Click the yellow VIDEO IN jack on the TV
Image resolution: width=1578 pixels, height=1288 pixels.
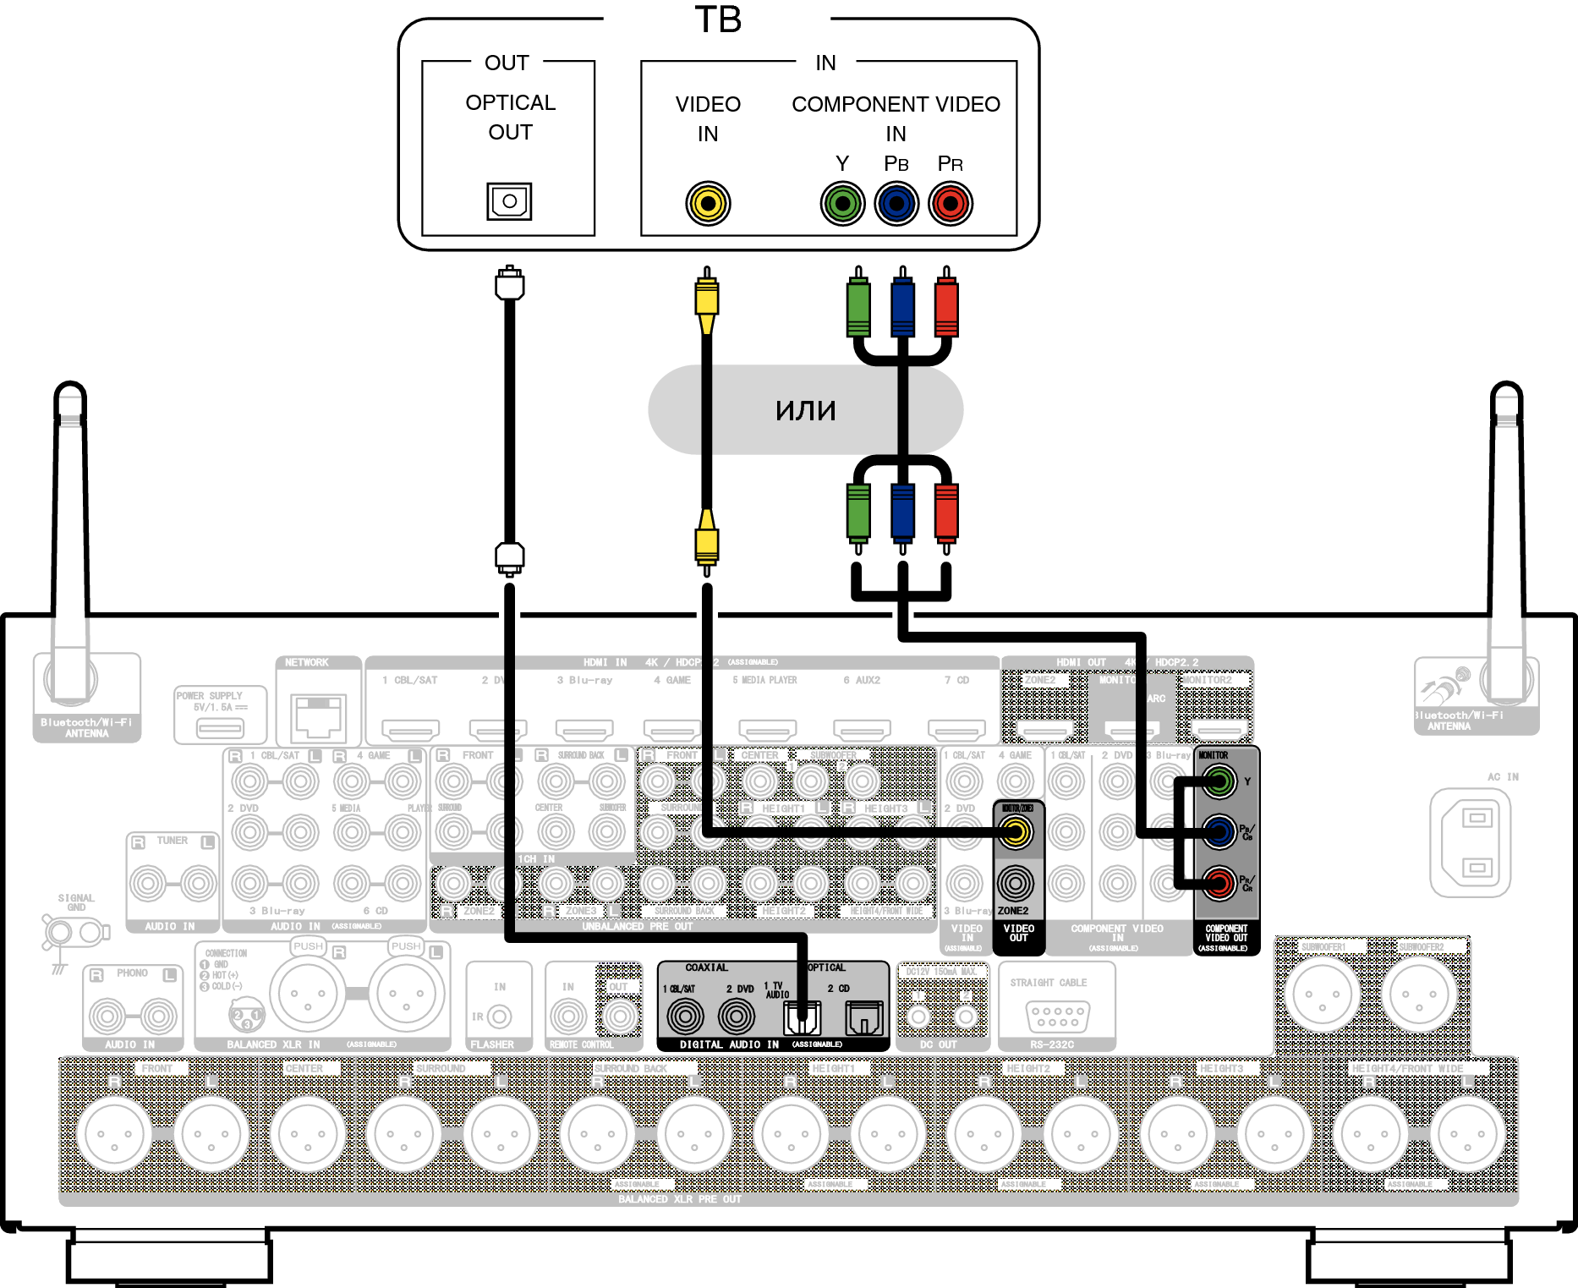pyautogui.click(x=707, y=204)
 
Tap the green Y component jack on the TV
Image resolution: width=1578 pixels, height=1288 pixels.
pyautogui.click(x=842, y=204)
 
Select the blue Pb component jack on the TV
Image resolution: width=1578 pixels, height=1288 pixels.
pyautogui.click(x=896, y=204)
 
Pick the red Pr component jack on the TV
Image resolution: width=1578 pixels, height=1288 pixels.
pyautogui.click(x=951, y=204)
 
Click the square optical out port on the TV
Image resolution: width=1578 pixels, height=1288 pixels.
pyautogui.click(x=509, y=201)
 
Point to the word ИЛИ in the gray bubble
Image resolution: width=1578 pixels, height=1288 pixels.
pyautogui.click(x=805, y=411)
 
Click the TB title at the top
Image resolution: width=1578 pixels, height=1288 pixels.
pyautogui.click(x=718, y=20)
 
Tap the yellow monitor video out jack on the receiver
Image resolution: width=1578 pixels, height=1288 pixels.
pyautogui.click(x=1016, y=833)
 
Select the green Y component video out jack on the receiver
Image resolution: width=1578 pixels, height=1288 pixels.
pyautogui.click(x=1219, y=781)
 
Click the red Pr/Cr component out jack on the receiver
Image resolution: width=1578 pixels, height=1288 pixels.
pyautogui.click(x=1219, y=884)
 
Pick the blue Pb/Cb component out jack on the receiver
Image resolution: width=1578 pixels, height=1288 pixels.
pyautogui.click(x=1219, y=833)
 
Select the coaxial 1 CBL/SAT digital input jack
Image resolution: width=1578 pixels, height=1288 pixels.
pyautogui.click(x=685, y=1017)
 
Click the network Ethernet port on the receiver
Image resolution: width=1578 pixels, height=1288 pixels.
pyautogui.click(x=318, y=715)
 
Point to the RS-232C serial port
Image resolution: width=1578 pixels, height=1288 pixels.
pyautogui.click(x=1056, y=1015)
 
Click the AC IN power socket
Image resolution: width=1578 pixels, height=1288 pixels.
pyautogui.click(x=1471, y=842)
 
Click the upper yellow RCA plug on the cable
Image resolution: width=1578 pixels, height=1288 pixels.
pyautogui.click(x=707, y=299)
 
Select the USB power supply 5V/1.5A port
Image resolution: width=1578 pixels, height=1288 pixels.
pyautogui.click(x=220, y=726)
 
